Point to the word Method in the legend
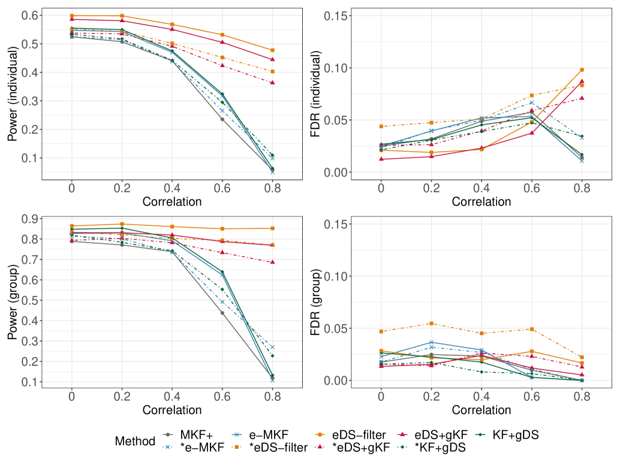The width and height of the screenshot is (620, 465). coord(135,442)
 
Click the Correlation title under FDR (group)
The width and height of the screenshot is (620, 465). coord(481,410)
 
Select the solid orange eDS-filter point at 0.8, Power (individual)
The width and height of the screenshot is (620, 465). coord(273,50)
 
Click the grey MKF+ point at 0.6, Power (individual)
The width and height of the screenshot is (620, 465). coord(222,119)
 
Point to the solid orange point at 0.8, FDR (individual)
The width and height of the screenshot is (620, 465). coord(582,70)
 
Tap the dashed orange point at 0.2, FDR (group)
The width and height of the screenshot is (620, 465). coord(431,324)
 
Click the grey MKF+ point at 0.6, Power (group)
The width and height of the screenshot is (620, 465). coord(222,313)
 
